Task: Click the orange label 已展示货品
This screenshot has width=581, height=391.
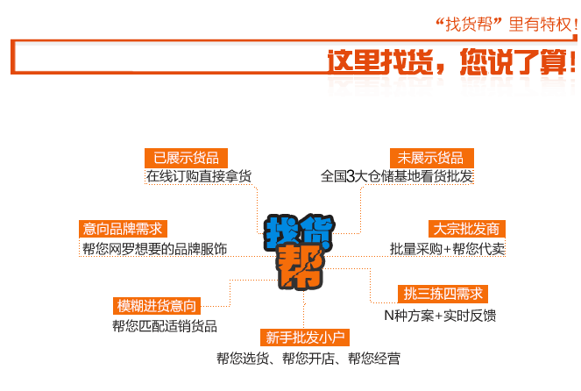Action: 186,158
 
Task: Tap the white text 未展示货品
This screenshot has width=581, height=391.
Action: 429,158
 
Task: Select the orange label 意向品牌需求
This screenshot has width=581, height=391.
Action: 122,229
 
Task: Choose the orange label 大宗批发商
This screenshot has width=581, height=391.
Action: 465,229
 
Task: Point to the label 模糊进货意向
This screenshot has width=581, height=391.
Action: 158,306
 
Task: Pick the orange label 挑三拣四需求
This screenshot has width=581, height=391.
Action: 442,294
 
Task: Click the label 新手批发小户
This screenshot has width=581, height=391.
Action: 305,338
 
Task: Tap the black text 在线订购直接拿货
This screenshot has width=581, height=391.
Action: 199,177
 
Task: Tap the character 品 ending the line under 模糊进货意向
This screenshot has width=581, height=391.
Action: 210,326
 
